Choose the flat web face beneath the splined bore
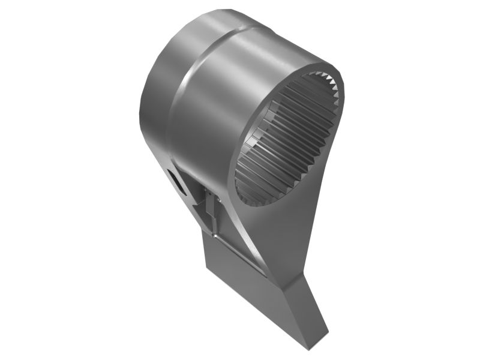(282, 234)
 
